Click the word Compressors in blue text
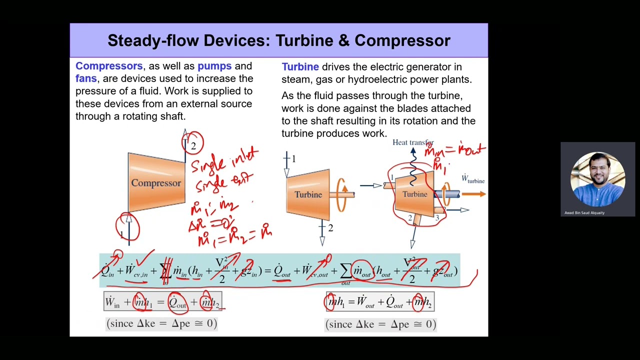coord(109,66)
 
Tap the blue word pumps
coord(214,66)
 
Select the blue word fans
coord(86,78)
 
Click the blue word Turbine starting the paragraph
coord(300,66)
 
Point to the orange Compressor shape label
coord(156,183)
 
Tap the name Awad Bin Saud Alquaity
coord(584,213)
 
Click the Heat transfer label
coord(413,142)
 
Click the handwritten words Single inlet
coord(224,160)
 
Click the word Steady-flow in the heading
coord(153,40)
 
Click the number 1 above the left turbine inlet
coord(293,158)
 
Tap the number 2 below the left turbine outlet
coord(330,228)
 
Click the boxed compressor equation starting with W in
coord(162,302)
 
